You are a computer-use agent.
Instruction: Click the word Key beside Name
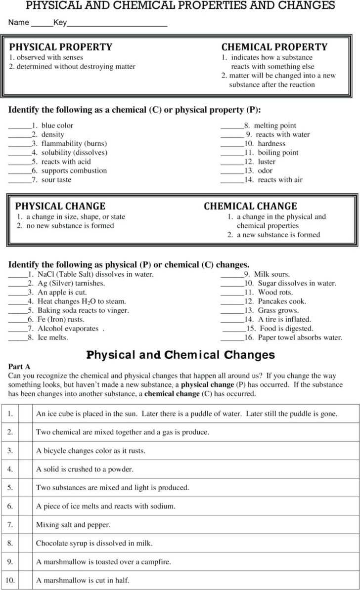click(60, 23)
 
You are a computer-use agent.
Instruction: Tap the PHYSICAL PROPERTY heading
click(61, 47)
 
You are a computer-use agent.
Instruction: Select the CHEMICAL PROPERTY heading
click(274, 47)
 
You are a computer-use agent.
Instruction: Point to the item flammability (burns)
click(74, 143)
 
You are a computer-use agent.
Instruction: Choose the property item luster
click(267, 162)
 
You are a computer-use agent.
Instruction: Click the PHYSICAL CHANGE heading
click(60, 206)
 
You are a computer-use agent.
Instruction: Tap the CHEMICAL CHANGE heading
click(250, 206)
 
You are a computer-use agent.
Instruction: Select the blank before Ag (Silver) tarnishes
click(18, 283)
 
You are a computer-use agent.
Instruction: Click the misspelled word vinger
click(118, 310)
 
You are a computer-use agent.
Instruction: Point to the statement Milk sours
click(271, 274)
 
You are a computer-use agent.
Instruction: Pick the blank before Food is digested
click(234, 328)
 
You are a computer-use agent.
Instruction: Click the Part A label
click(20, 367)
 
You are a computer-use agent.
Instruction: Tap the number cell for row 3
click(10, 451)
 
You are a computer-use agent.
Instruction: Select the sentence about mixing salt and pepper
click(73, 524)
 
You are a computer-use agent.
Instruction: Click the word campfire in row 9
click(156, 561)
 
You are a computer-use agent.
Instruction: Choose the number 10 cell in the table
click(10, 580)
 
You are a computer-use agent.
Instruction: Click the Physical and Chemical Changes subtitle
click(180, 355)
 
